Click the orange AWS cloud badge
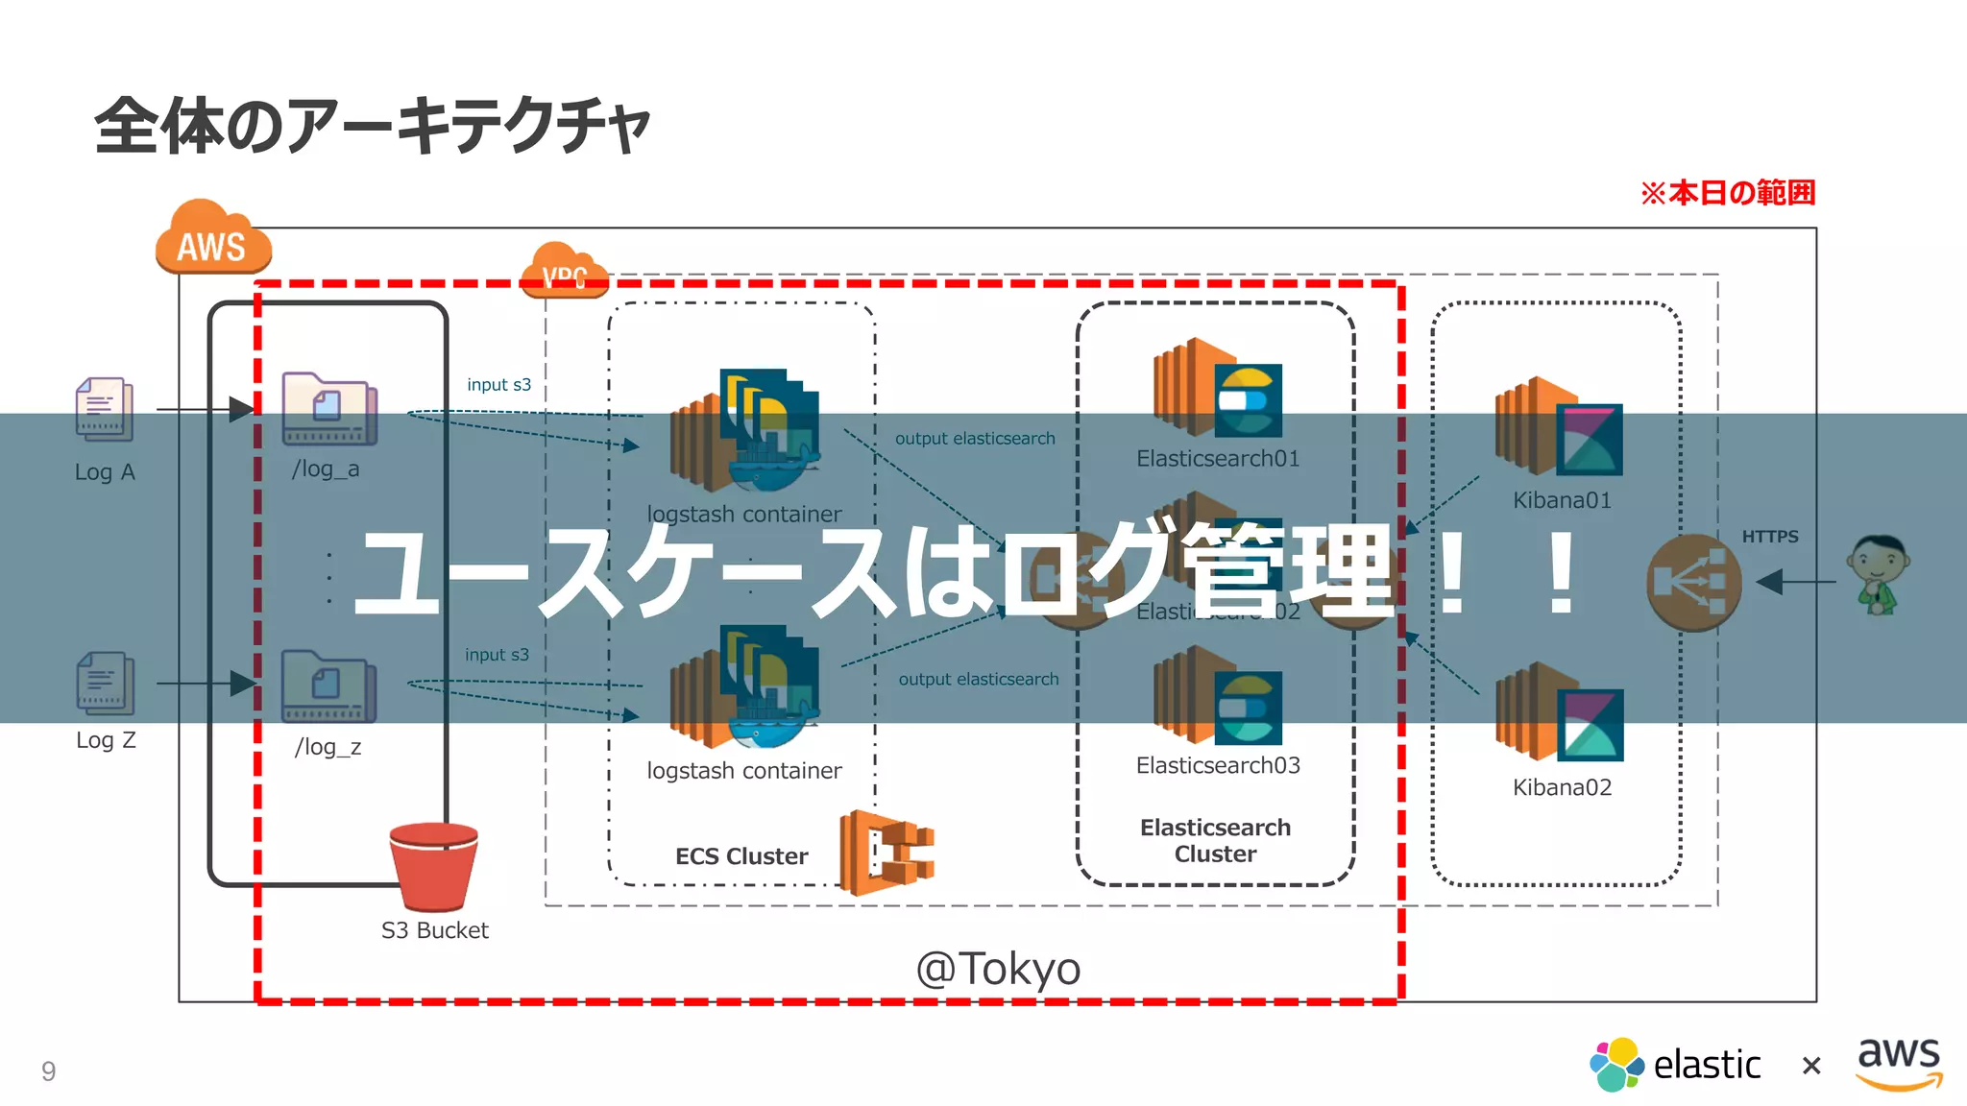pyautogui.click(x=212, y=239)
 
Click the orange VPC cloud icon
pyautogui.click(x=565, y=271)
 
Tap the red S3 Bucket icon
pyautogui.click(x=434, y=867)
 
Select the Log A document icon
pyautogui.click(x=104, y=409)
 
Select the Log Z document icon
pyautogui.click(x=105, y=684)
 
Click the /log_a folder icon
pyautogui.click(x=328, y=409)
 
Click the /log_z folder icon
pyautogui.click(x=328, y=686)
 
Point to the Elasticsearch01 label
pyautogui.click(x=1217, y=459)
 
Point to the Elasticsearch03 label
pyautogui.click(x=1217, y=766)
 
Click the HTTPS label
pyautogui.click(x=1769, y=537)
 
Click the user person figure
pyautogui.click(x=1878, y=574)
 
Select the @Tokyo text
pyautogui.click(x=998, y=968)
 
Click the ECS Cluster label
pyautogui.click(x=741, y=856)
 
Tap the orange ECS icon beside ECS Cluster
pyautogui.click(x=886, y=853)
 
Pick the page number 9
pyautogui.click(x=48, y=1070)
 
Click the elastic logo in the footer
pyautogui.click(x=1675, y=1065)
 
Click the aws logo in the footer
pyautogui.click(x=1899, y=1061)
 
